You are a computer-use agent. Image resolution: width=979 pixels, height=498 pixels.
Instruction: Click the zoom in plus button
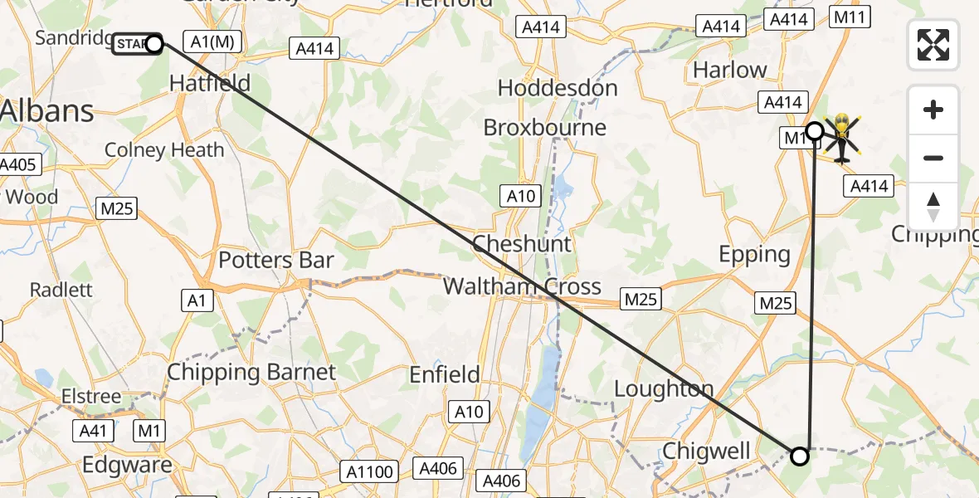tap(933, 110)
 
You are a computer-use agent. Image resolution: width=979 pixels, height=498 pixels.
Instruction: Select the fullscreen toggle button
tap(933, 45)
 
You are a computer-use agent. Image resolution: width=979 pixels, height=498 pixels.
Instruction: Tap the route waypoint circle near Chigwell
tap(800, 456)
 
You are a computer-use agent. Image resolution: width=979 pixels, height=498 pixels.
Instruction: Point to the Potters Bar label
tap(276, 261)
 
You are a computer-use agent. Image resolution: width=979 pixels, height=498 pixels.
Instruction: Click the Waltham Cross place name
tap(522, 287)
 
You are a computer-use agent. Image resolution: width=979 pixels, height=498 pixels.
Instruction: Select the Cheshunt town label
tap(522, 244)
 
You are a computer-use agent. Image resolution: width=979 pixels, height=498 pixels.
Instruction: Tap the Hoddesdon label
tap(558, 88)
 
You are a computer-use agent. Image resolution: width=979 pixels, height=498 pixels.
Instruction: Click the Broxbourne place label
tap(545, 128)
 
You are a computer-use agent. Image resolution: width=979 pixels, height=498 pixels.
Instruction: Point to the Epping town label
tap(755, 254)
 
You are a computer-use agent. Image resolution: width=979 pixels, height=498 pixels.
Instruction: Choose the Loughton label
tap(665, 388)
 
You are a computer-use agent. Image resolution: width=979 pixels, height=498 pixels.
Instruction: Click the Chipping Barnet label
tap(251, 372)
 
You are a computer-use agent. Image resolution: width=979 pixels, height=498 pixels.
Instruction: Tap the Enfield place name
tap(445, 375)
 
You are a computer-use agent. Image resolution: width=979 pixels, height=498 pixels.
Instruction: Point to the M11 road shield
tap(851, 17)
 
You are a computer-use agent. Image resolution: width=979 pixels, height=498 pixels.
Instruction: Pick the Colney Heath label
tap(164, 150)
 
